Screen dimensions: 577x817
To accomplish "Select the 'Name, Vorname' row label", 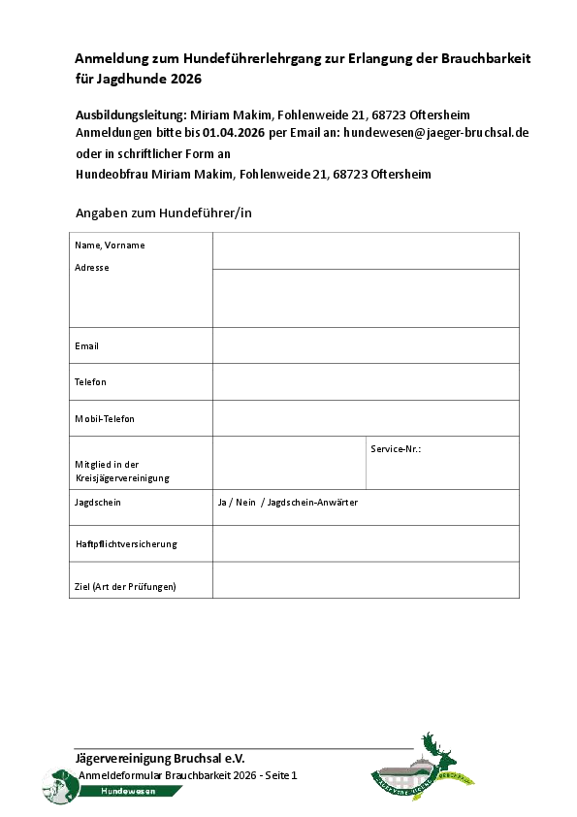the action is (x=110, y=245).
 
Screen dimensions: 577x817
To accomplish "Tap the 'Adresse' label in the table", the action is (x=92, y=268).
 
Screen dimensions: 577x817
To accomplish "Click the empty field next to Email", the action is (x=366, y=345).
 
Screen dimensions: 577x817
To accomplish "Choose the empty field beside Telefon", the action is (x=366, y=381).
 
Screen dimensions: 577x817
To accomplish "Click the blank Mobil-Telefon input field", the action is (x=366, y=418).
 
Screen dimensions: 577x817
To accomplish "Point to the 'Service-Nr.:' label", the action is (x=396, y=449).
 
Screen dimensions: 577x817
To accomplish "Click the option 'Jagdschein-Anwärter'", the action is (x=311, y=503).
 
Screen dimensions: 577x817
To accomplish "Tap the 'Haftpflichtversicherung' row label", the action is (x=126, y=544).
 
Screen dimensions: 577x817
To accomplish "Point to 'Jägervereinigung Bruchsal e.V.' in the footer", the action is (x=160, y=758).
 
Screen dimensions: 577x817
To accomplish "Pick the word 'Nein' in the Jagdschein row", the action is (x=245, y=503).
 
